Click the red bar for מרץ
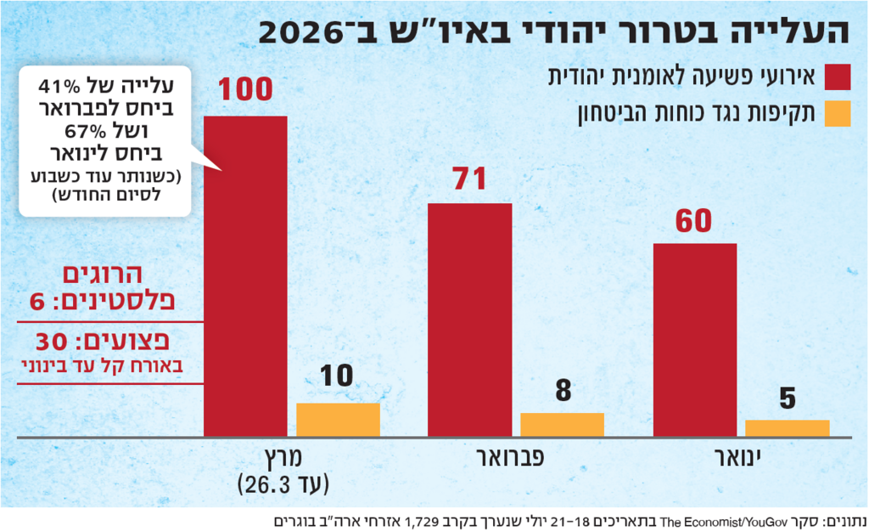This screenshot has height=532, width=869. click(x=245, y=276)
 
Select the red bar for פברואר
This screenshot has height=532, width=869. click(x=469, y=320)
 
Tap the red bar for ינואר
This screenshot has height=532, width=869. click(x=694, y=340)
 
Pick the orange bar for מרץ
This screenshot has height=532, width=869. click(x=338, y=420)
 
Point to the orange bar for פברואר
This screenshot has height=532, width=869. click(x=562, y=425)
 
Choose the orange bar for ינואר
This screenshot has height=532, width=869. click(x=787, y=428)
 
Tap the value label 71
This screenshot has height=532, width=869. click(x=468, y=179)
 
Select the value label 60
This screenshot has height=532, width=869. click(x=694, y=220)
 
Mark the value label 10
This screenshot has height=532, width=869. click(x=337, y=376)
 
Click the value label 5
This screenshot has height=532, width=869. click(x=788, y=398)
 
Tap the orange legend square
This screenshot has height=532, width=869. click(x=837, y=113)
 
